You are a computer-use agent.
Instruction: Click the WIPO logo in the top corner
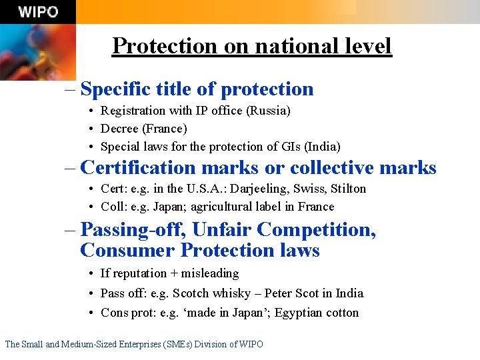[x=38, y=12]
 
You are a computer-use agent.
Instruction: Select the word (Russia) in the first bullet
[x=268, y=110]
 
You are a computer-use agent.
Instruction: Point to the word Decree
[x=120, y=128]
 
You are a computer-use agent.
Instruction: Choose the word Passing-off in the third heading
[x=133, y=230]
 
